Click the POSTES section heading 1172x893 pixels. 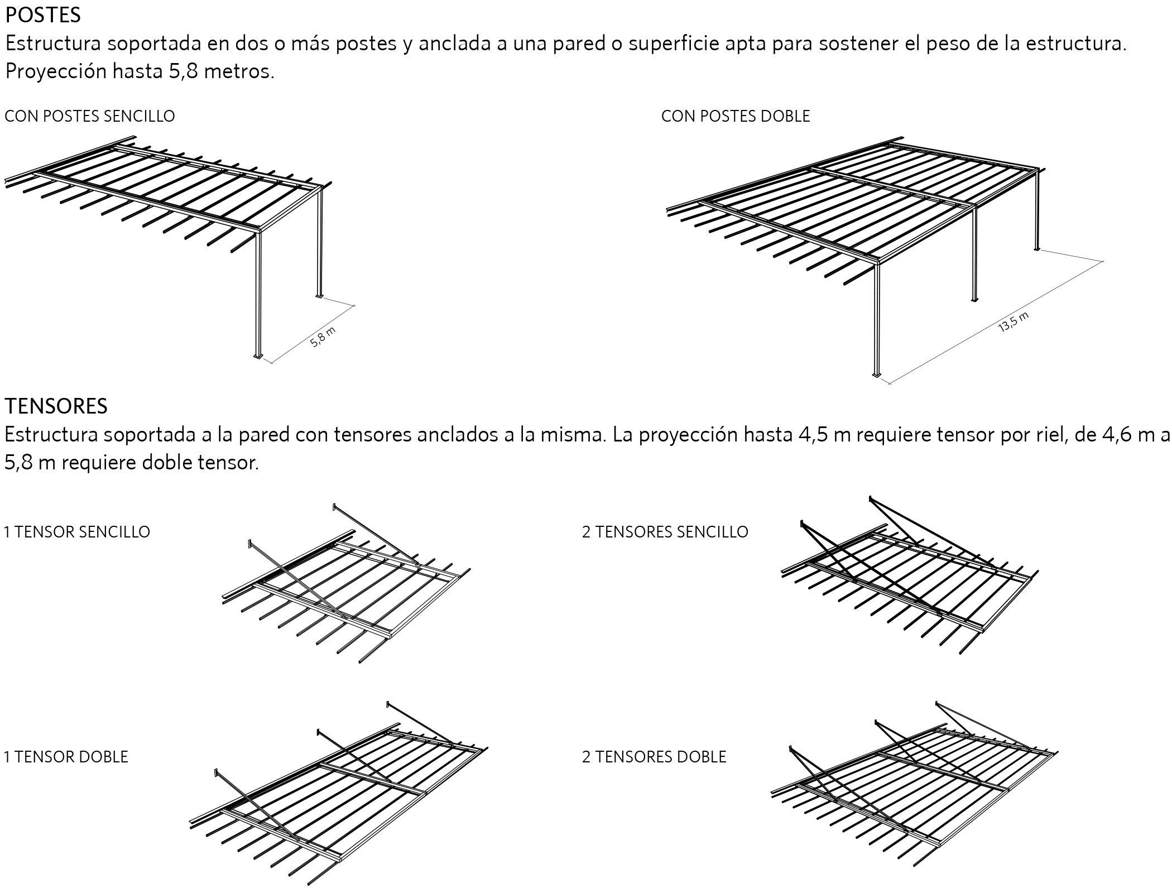[43, 15]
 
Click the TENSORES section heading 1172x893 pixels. [56, 406]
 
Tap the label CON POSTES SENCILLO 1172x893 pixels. [89, 116]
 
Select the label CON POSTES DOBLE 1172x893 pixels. [735, 116]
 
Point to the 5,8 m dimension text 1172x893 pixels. [323, 338]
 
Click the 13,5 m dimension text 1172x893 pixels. [1013, 323]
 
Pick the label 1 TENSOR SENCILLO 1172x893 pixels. [77, 532]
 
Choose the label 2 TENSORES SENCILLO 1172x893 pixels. [665, 532]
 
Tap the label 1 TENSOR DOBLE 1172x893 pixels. [66, 757]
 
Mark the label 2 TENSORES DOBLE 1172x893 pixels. [654, 757]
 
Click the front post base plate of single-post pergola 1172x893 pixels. [258, 356]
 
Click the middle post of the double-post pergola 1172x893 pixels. [974, 254]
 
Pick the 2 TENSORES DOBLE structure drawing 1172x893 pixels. [915, 793]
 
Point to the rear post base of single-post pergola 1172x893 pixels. [319, 295]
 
